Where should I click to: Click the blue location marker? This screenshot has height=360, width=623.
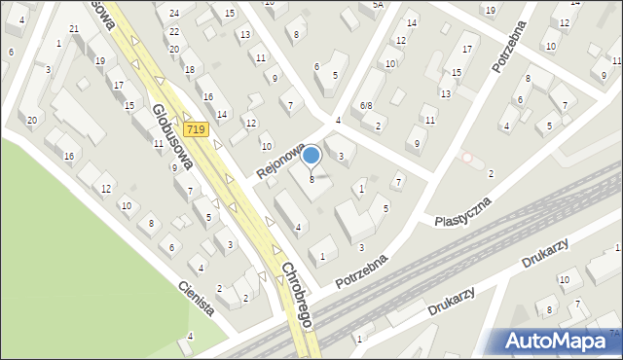(x=311, y=155)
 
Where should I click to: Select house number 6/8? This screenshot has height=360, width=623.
(x=366, y=105)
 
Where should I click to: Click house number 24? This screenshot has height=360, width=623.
(x=174, y=13)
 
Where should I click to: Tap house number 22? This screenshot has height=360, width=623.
(x=174, y=32)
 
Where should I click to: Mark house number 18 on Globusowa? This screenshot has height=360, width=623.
(x=189, y=69)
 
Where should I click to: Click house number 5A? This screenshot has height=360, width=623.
(x=378, y=5)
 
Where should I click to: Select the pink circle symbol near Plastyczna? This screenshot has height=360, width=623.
(x=467, y=157)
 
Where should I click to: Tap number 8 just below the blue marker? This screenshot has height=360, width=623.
(x=311, y=179)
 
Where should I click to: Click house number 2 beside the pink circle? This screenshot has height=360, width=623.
(x=490, y=173)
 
